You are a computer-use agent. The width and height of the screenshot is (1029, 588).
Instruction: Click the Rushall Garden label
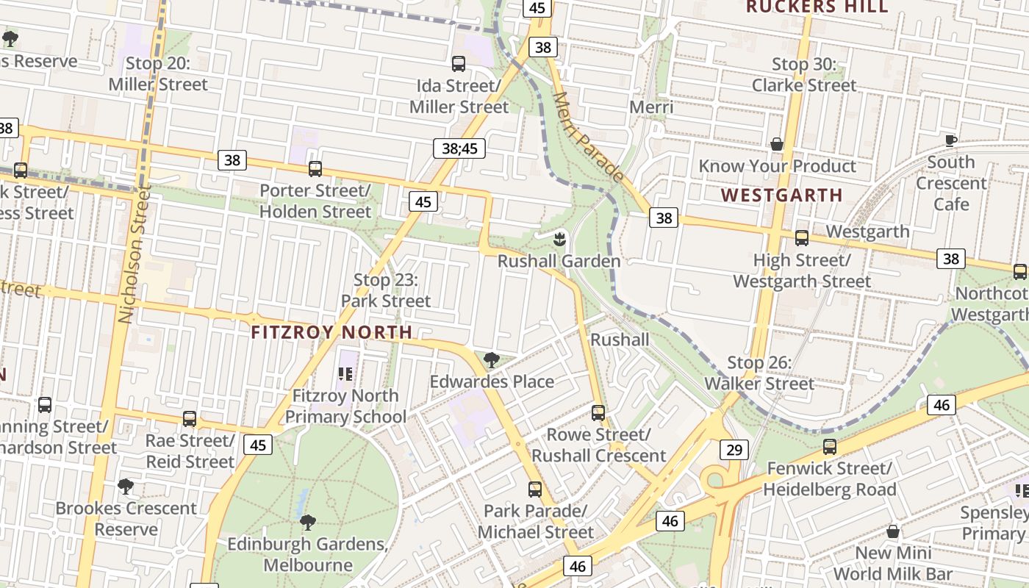click(x=559, y=261)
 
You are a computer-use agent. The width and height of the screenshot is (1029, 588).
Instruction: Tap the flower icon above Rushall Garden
click(x=559, y=238)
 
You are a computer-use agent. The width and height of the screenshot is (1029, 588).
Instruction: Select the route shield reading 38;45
click(x=459, y=148)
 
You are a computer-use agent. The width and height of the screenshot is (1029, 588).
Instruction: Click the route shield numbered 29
click(x=734, y=450)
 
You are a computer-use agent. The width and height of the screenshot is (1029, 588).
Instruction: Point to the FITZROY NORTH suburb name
click(x=331, y=332)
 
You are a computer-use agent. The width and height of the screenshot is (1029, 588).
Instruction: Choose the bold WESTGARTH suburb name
click(x=781, y=196)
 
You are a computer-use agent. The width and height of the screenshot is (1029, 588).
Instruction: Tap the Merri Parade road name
click(x=588, y=137)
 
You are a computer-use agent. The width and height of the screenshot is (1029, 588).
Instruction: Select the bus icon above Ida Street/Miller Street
click(x=459, y=64)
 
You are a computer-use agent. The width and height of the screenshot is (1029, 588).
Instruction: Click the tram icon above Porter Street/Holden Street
click(x=315, y=169)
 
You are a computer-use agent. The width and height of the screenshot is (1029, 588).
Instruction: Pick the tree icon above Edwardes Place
click(x=492, y=360)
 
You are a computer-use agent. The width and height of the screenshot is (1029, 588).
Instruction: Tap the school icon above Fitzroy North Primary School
click(x=345, y=374)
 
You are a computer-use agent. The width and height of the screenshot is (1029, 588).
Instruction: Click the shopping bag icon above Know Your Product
click(x=776, y=144)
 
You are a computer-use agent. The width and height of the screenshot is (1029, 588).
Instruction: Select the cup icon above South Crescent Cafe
click(x=950, y=140)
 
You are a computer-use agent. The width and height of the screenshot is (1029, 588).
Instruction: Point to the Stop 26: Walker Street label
click(x=759, y=373)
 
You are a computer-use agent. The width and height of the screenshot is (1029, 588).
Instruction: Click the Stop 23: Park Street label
click(x=386, y=290)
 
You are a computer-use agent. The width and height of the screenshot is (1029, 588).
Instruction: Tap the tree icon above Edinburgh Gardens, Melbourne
click(x=308, y=523)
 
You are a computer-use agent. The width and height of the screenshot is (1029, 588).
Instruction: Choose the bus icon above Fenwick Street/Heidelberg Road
click(x=830, y=446)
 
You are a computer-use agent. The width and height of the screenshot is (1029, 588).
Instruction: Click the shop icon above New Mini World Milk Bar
click(x=893, y=531)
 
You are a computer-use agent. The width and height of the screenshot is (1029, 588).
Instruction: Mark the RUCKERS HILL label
click(x=817, y=7)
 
